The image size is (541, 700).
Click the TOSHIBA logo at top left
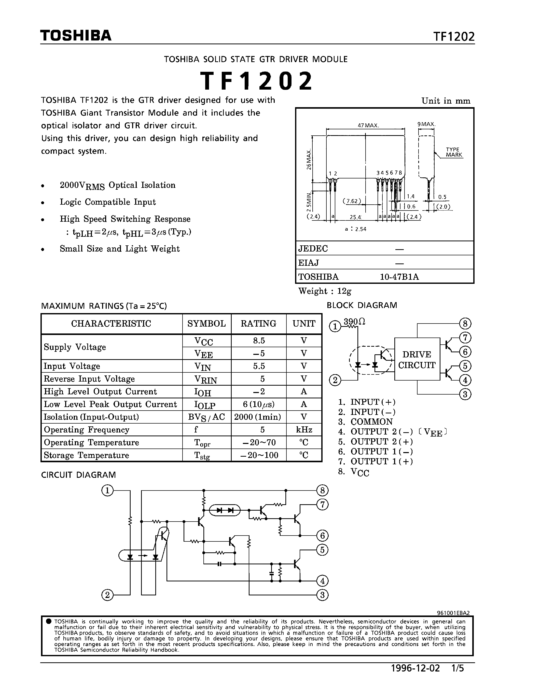[76, 36]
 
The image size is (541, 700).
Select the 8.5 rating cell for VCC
[259, 340]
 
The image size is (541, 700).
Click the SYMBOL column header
[206, 324]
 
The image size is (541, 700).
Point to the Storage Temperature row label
[86, 455]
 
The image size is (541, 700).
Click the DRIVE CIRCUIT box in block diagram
[417, 360]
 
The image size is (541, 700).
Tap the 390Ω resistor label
[354, 321]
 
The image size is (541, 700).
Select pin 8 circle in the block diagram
[465, 323]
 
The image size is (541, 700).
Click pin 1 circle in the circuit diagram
[107, 491]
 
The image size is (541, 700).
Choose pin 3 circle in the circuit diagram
[322, 595]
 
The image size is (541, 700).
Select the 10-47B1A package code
[399, 277]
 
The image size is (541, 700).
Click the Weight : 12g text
[325, 291]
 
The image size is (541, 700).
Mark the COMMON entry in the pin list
[371, 422]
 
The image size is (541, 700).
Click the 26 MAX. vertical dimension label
[309, 159]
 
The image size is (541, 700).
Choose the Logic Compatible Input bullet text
[108, 202]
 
